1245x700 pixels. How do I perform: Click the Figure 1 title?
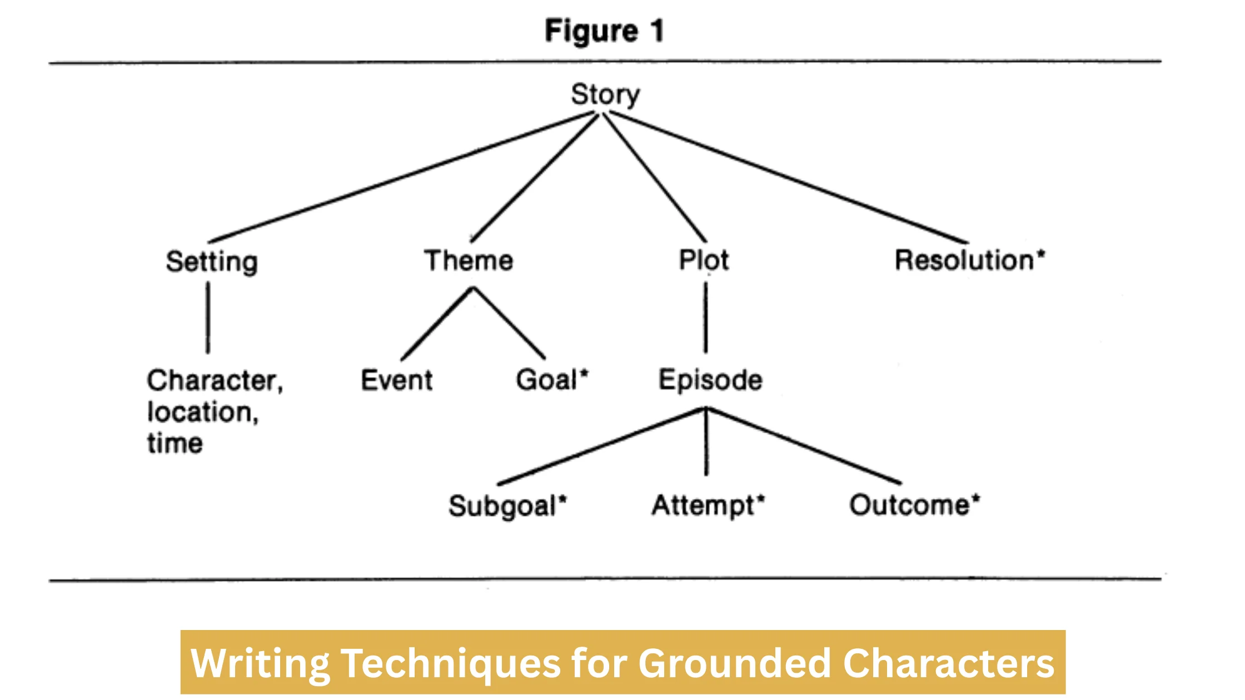tap(604, 31)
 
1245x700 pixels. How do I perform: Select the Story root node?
tap(605, 94)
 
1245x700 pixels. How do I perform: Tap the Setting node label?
tap(212, 261)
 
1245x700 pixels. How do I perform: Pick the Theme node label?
tap(468, 261)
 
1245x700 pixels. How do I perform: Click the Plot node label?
tap(704, 260)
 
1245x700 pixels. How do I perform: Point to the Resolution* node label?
tap(969, 260)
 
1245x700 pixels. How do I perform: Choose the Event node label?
tap(396, 381)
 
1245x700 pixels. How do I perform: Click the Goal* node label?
tap(551, 381)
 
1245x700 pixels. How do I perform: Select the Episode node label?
tap(710, 381)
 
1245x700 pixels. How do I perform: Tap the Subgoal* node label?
tap(507, 506)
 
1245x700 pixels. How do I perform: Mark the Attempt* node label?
tap(708, 506)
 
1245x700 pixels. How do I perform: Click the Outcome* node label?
tap(914, 505)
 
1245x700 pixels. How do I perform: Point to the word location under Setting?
tap(202, 412)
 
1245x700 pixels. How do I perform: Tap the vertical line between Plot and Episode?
tap(706, 318)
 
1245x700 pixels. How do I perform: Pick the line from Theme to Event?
tap(437, 324)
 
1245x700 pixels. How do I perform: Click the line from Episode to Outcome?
tap(804, 445)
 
